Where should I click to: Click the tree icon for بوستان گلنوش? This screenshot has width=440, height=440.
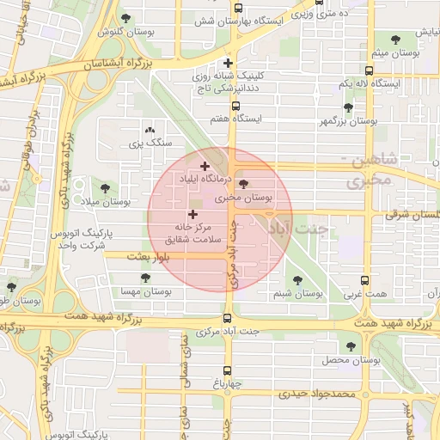click(x=126, y=18)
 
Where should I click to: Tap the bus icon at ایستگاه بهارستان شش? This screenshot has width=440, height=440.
click(x=237, y=9)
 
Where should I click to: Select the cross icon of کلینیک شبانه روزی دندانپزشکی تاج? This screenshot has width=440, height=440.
click(x=227, y=63)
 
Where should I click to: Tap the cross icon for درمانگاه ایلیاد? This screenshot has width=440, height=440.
click(x=204, y=166)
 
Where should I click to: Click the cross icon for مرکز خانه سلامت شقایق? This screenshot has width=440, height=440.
click(x=191, y=213)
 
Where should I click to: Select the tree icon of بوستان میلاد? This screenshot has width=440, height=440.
click(x=105, y=187)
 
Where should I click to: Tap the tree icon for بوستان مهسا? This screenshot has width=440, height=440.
click(x=145, y=278)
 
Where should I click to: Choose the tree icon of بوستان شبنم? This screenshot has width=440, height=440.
click(x=297, y=280)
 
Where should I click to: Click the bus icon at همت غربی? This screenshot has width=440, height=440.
click(x=365, y=280)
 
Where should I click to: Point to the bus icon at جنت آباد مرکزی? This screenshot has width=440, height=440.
click(x=227, y=317)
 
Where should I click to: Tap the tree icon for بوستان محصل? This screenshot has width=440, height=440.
click(x=351, y=345)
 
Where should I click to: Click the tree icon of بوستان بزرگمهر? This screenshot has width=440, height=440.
click(x=348, y=108)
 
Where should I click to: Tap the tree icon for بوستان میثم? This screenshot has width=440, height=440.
click(x=394, y=40)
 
